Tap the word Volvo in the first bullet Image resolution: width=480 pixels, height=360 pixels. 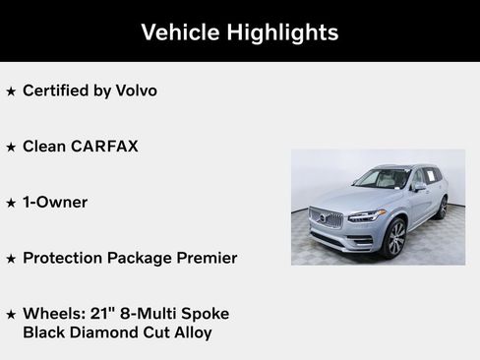134,90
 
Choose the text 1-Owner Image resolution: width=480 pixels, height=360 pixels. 55,203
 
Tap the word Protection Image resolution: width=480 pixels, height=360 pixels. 66,258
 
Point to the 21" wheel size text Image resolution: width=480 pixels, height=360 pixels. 95,314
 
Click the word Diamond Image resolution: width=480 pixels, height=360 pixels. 110,332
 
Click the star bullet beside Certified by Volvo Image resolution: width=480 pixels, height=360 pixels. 11,91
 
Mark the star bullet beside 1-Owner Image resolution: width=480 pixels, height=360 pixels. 11,204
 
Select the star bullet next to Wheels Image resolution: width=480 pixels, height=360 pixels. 11,315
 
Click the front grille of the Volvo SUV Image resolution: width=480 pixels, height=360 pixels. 327,218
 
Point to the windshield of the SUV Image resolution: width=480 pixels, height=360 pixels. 385,179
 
